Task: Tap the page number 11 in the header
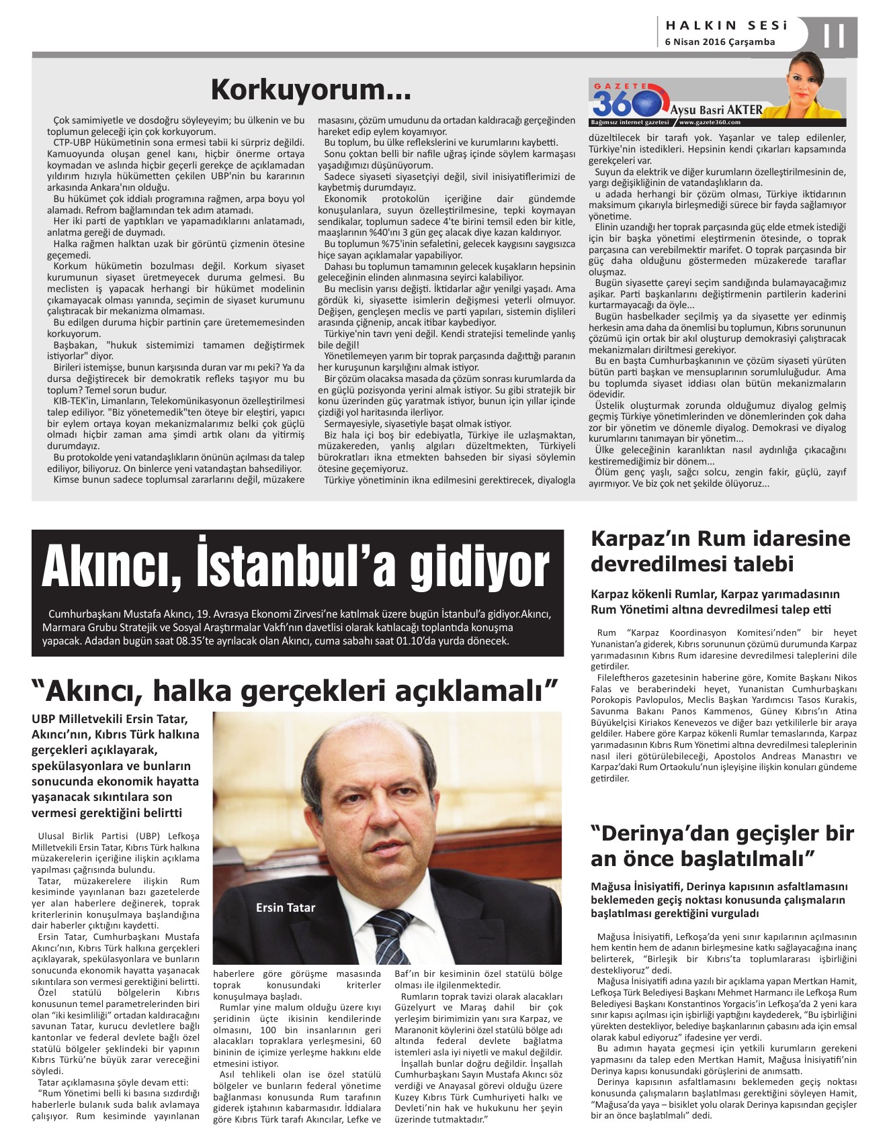coord(834,36)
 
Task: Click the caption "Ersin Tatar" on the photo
coord(286,908)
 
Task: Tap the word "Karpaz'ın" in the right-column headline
coord(640,539)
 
